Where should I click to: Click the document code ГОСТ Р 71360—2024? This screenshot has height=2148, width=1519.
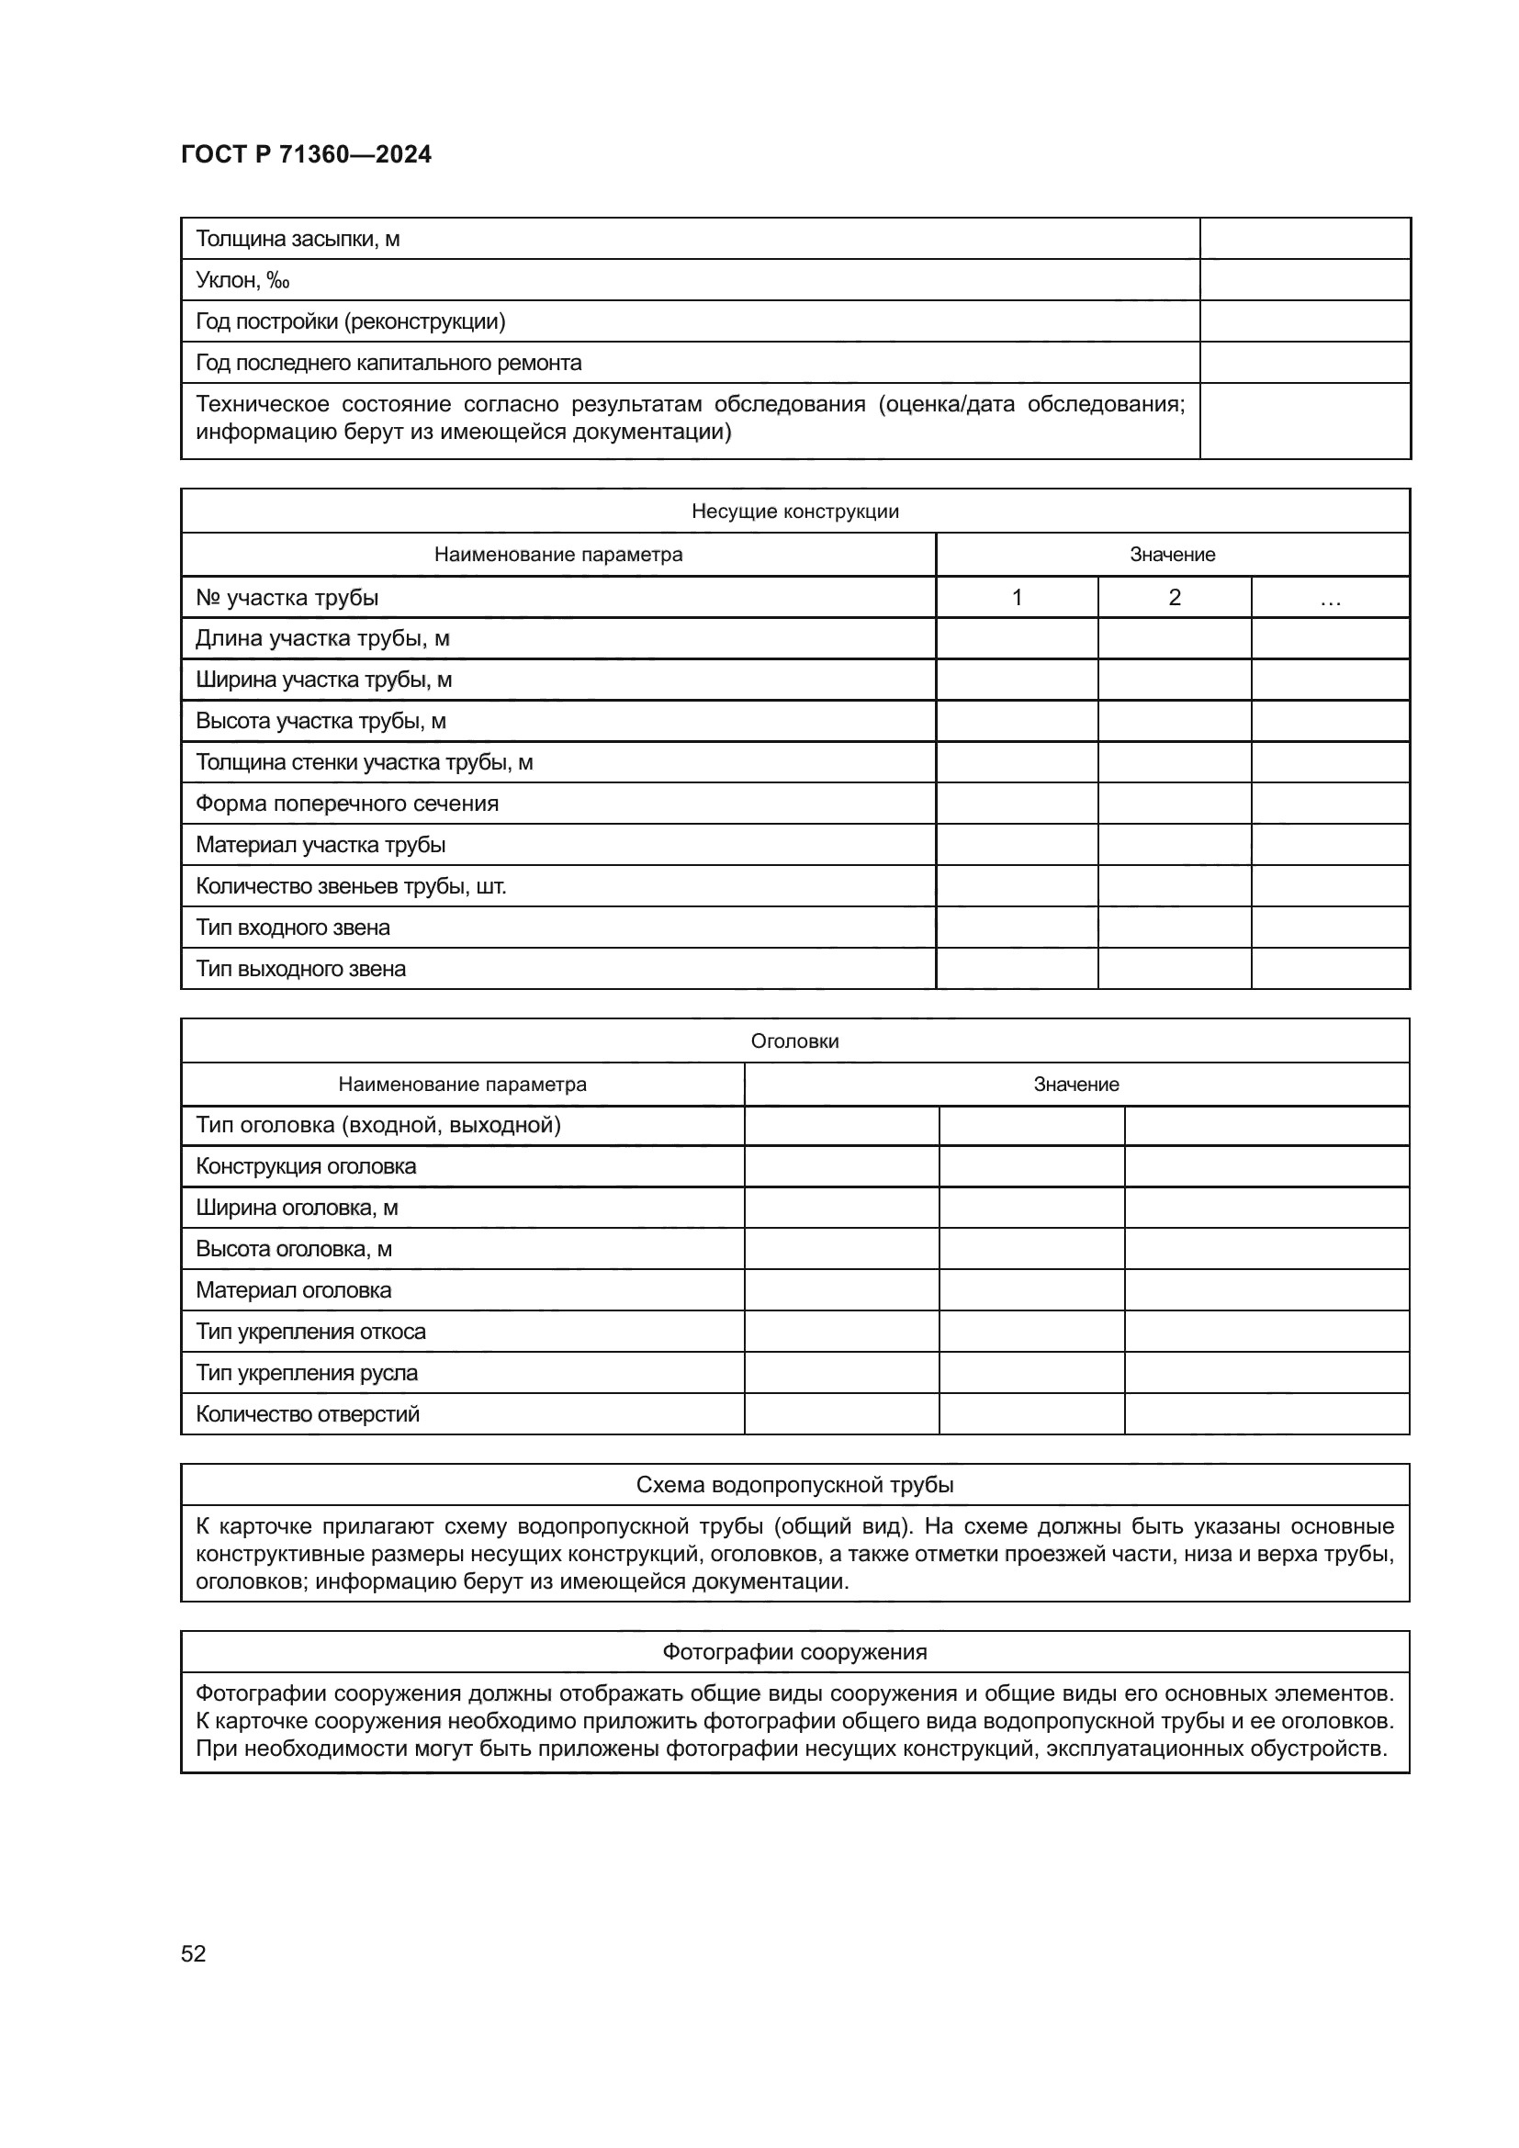pyautogui.click(x=306, y=155)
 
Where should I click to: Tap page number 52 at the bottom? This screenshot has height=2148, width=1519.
pyautogui.click(x=194, y=1953)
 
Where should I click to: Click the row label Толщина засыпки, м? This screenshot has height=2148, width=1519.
pyautogui.click(x=298, y=239)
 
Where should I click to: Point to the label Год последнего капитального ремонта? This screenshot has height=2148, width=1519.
pyautogui.click(x=388, y=362)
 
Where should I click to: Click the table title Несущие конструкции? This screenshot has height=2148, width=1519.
pyautogui.click(x=794, y=511)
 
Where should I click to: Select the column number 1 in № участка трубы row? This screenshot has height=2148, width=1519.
pyautogui.click(x=1016, y=597)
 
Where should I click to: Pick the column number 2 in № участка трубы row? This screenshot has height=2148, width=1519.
pyautogui.click(x=1174, y=597)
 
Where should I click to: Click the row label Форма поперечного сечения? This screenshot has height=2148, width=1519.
pyautogui.click(x=347, y=803)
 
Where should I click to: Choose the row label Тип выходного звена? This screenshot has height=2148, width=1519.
pyautogui.click(x=300, y=968)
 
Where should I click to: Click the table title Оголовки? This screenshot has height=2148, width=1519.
pyautogui.click(x=794, y=1041)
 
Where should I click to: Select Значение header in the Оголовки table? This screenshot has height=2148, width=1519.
pyautogui.click(x=1075, y=1085)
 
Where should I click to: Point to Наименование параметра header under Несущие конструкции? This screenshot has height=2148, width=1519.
pyautogui.click(x=557, y=554)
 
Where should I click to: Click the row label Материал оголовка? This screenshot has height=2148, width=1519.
pyautogui.click(x=294, y=1290)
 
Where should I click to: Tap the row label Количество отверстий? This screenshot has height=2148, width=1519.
pyautogui.click(x=308, y=1413)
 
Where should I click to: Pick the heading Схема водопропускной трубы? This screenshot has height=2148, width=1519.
pyautogui.click(x=794, y=1485)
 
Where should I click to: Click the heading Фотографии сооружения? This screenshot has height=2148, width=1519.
pyautogui.click(x=794, y=1652)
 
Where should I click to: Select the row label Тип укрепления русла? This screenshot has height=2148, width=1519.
pyautogui.click(x=307, y=1372)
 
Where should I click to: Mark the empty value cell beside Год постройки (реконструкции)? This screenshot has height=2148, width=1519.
pyautogui.click(x=1304, y=321)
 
